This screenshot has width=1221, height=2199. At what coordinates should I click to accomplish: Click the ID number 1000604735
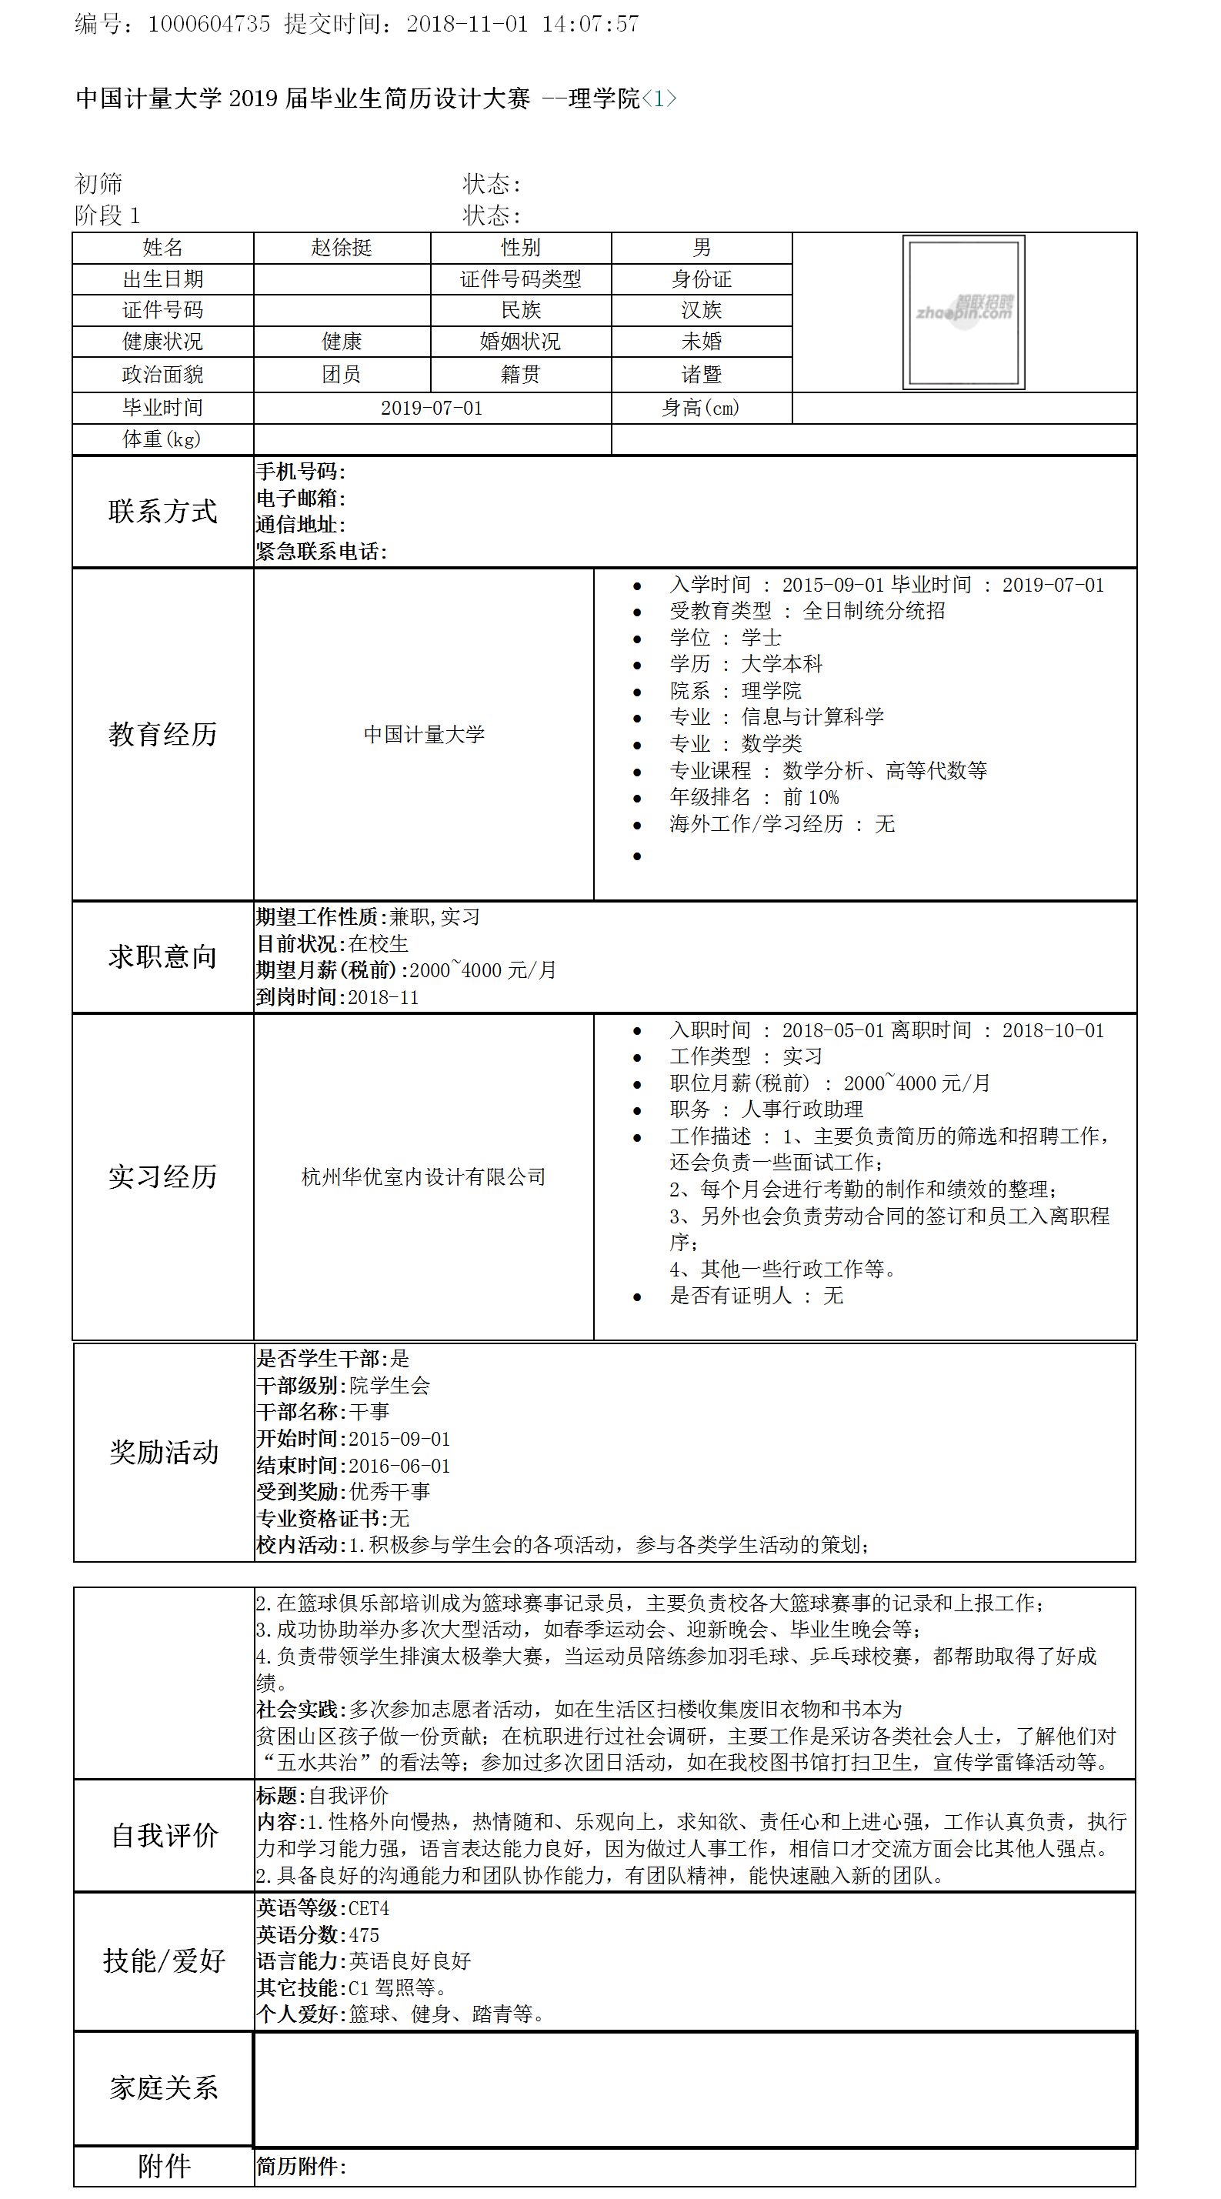click(209, 24)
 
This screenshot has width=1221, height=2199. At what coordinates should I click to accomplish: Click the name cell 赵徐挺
click(342, 248)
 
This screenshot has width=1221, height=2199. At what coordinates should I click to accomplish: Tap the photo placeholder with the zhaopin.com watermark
click(963, 312)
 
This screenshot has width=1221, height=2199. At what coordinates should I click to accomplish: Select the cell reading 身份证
click(701, 279)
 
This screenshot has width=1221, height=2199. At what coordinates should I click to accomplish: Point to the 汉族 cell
click(701, 310)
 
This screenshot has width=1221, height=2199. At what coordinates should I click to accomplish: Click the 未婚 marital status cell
click(701, 342)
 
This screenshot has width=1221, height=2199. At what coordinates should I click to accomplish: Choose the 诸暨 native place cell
click(701, 374)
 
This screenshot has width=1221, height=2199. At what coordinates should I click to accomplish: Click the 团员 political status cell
click(342, 374)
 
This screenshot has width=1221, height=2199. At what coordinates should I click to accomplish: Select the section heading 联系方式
click(162, 512)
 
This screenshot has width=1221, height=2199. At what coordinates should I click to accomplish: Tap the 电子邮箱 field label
click(299, 498)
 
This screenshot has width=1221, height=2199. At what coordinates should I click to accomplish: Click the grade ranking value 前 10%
click(810, 797)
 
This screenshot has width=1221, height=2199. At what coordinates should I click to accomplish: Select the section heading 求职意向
click(162, 957)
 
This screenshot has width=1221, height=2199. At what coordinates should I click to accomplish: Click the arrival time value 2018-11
click(383, 997)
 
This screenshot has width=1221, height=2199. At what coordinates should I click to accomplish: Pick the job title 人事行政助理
click(802, 1109)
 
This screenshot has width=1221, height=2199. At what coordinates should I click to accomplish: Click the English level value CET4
click(368, 1908)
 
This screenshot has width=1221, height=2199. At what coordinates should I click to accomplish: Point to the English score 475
click(364, 1934)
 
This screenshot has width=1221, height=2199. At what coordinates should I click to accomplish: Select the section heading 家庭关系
click(163, 2087)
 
